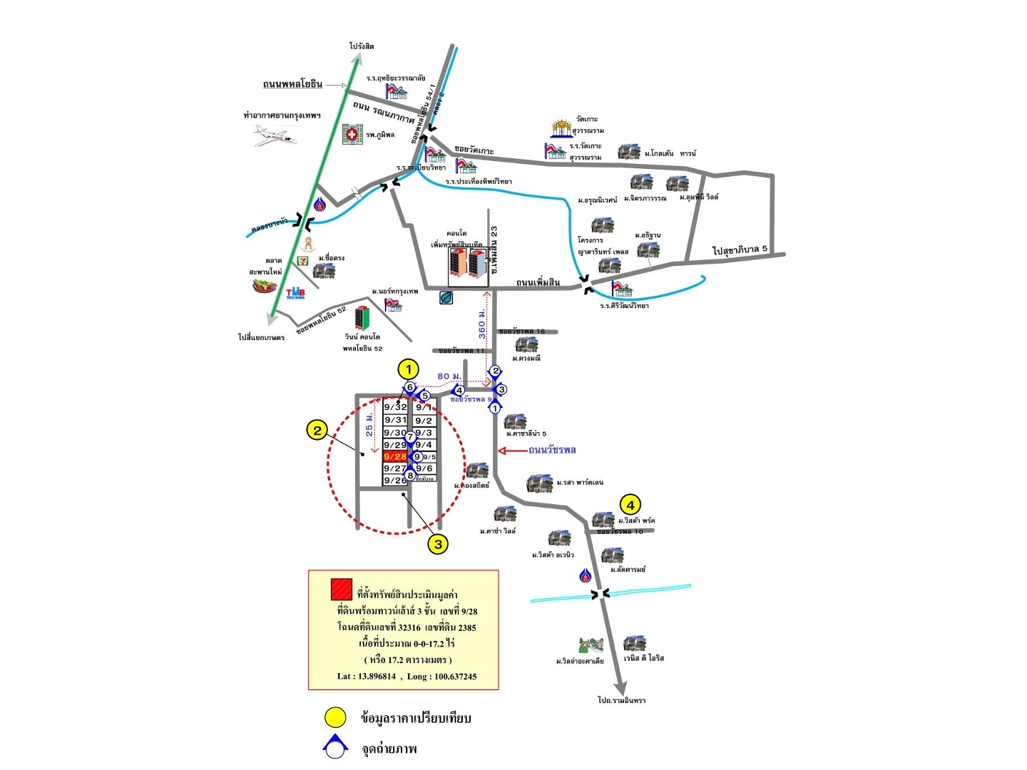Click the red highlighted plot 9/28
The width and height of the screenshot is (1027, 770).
[395, 456]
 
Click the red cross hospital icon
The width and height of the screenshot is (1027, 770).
[352, 134]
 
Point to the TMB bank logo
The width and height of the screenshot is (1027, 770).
[295, 293]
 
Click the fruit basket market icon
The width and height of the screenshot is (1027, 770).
[264, 286]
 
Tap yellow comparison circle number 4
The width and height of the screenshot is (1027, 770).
[630, 505]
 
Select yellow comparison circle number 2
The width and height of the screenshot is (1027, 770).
[317, 430]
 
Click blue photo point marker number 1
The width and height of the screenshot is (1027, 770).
[495, 409]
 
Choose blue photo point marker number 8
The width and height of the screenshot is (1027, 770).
[410, 476]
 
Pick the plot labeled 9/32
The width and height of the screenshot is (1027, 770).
[395, 407]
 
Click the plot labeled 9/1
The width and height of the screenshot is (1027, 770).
[424, 408]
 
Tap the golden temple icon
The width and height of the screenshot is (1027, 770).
[561, 128]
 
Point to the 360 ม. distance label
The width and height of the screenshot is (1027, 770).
[482, 324]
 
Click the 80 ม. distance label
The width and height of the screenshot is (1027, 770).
[449, 376]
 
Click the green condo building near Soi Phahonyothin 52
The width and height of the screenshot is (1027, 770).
[362, 318]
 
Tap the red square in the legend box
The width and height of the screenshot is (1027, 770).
[342, 590]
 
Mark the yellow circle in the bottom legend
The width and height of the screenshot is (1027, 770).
[335, 717]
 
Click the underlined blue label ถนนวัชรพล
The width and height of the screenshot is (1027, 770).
[552, 450]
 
